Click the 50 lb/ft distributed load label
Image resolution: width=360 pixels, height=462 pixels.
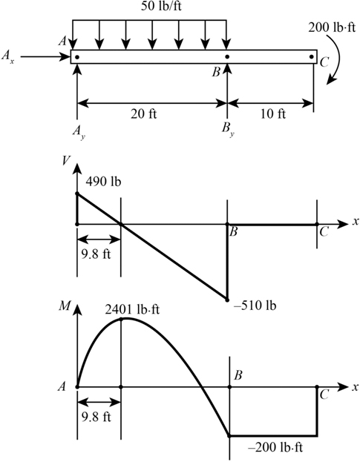coord(160,6)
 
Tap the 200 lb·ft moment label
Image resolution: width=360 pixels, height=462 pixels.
coord(332,27)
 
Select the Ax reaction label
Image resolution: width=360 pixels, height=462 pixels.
coord(7,56)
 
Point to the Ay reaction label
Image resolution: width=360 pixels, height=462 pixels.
coord(79,132)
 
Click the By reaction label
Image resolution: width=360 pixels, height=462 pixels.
coord(229,130)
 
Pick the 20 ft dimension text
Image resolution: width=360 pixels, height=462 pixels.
coord(143,114)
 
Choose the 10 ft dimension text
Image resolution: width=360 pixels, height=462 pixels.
coord(272,114)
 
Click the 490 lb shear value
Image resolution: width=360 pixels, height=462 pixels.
coord(103,182)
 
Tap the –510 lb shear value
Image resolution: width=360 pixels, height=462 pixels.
coord(255,306)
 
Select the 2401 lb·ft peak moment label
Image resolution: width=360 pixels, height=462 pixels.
coord(132,310)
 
